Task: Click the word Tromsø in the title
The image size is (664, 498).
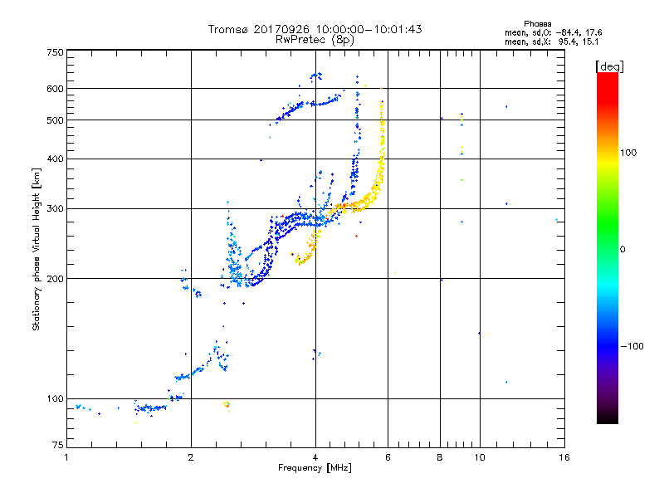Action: (x=227, y=29)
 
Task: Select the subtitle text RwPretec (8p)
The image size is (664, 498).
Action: (x=315, y=40)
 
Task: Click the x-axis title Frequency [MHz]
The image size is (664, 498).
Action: (x=315, y=468)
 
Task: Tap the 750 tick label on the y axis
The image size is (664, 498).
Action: (x=56, y=52)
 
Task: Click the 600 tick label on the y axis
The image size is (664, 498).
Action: (x=56, y=89)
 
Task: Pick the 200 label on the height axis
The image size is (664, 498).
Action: (x=56, y=279)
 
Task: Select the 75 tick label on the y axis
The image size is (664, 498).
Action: (x=58, y=445)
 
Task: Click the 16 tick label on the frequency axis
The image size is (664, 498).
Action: (x=564, y=457)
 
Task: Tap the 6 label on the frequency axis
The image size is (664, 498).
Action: (x=388, y=457)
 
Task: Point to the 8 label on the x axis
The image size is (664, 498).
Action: (x=440, y=457)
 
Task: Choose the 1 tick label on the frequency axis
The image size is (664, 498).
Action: (x=66, y=457)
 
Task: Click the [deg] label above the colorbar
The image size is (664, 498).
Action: (x=609, y=66)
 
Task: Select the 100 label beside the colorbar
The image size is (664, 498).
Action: (x=628, y=153)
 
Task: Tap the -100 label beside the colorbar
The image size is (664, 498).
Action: (x=632, y=346)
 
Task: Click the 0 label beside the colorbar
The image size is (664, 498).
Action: (x=622, y=250)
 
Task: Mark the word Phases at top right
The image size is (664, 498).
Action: (x=537, y=24)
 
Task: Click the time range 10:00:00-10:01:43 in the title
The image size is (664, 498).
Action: (x=369, y=29)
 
